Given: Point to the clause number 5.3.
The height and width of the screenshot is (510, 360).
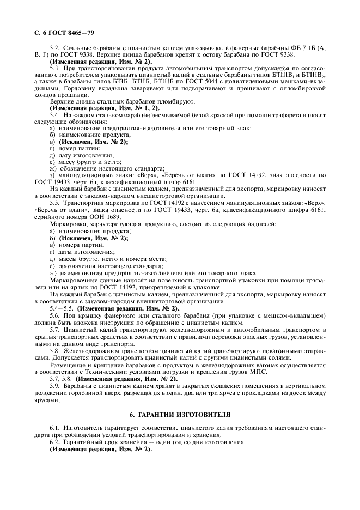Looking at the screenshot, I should (55, 68).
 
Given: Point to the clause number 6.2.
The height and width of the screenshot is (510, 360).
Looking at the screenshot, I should (55, 442).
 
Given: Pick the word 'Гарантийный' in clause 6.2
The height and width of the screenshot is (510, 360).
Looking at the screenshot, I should (83, 442).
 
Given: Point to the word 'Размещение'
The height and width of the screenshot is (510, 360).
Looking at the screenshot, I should (69, 365).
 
